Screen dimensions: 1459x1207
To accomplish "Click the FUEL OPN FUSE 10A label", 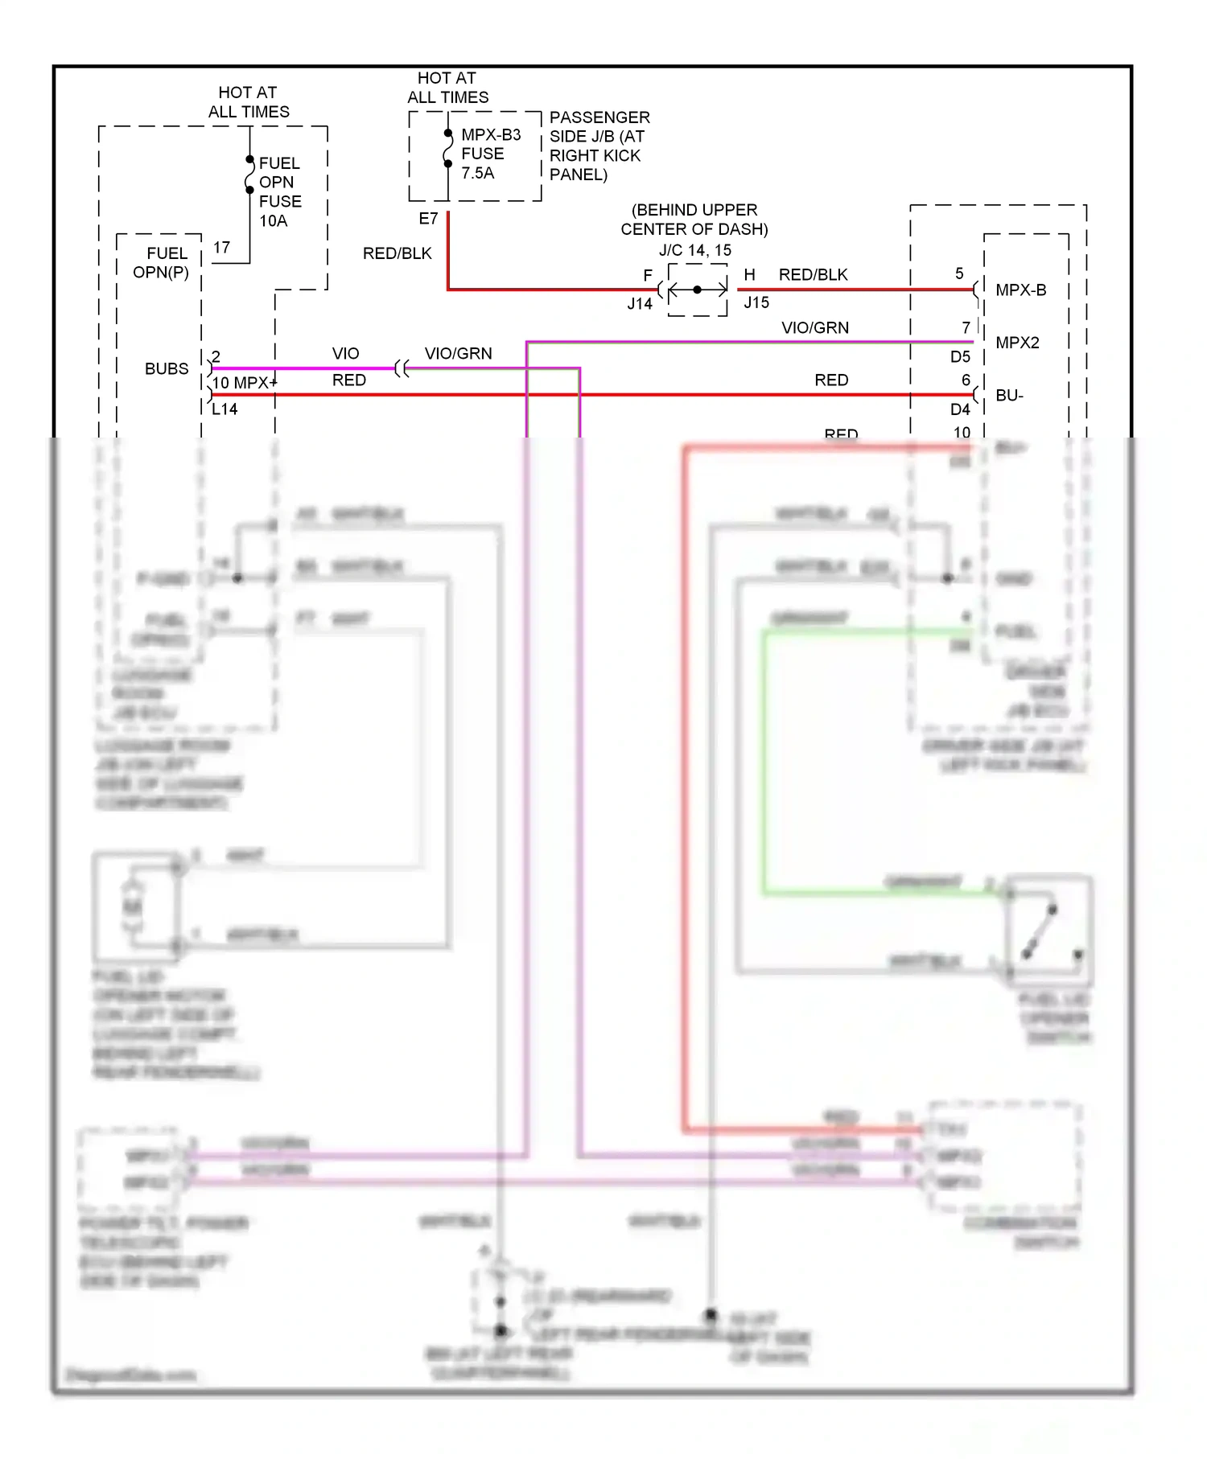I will click(x=279, y=191).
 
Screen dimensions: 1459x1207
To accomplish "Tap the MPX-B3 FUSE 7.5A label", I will click(x=490, y=154).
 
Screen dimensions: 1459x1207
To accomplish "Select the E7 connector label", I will click(x=428, y=219).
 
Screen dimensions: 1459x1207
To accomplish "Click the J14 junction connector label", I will click(x=640, y=304).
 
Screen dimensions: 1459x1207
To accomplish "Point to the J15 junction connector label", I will click(x=756, y=302).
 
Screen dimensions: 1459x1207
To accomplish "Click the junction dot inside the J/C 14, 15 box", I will click(x=697, y=290).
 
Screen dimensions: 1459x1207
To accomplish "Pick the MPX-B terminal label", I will click(x=1020, y=290).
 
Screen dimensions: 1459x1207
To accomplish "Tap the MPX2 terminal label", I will click(x=1017, y=343).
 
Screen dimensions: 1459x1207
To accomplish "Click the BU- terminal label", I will click(x=1009, y=396).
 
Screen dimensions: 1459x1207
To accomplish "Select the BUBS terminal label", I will click(x=167, y=369).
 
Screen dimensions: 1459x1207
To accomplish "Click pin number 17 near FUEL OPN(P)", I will click(x=221, y=248).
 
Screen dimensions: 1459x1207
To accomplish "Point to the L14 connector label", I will click(x=225, y=409).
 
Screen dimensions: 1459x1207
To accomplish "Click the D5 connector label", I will click(x=960, y=357).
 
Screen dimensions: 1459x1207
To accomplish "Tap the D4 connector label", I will click(x=960, y=409).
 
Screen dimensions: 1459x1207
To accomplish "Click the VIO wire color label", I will click(x=346, y=354).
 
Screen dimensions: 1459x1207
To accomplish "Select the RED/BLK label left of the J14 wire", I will click(x=397, y=253).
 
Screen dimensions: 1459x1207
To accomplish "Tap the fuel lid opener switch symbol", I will click(x=1049, y=931).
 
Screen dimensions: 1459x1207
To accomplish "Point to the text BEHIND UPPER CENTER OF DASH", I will click(x=694, y=220).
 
